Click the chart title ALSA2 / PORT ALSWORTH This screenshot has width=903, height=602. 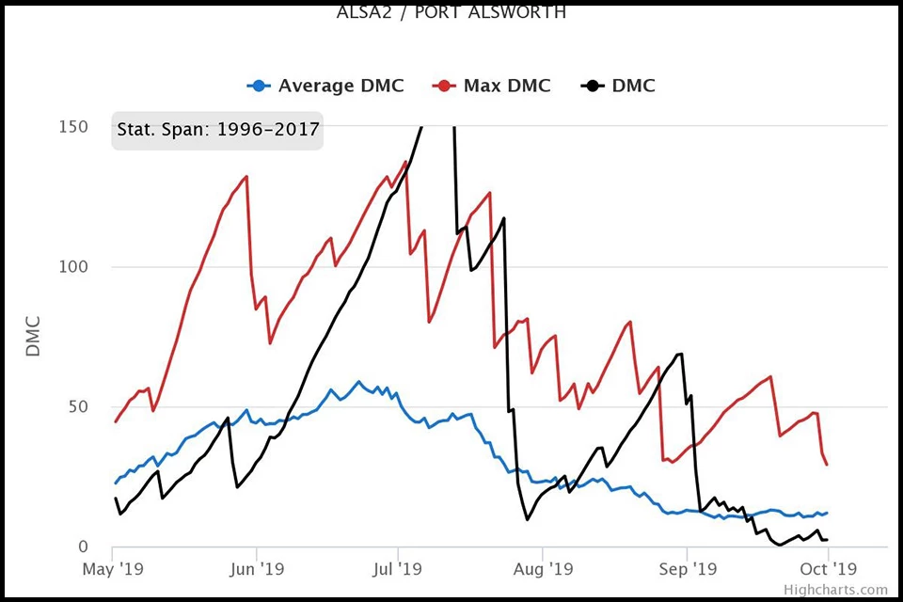click(x=451, y=13)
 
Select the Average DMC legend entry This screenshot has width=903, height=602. click(x=326, y=86)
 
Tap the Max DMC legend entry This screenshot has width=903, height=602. click(x=492, y=86)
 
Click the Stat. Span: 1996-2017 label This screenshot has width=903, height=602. click(x=218, y=129)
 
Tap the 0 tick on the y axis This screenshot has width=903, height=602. click(x=84, y=547)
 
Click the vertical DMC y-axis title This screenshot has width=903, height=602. click(x=34, y=337)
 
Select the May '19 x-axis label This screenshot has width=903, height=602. click(x=112, y=569)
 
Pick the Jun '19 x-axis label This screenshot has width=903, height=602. click(x=257, y=569)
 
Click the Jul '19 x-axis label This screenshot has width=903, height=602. click(x=398, y=569)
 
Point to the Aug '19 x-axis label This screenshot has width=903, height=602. click(x=543, y=569)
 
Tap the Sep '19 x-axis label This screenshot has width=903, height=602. click(x=688, y=569)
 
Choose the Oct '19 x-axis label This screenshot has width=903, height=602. click(x=828, y=569)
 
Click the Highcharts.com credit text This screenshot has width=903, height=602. click(x=836, y=590)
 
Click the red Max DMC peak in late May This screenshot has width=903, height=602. click(x=246, y=176)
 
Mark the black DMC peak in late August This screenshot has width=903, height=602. click(x=680, y=354)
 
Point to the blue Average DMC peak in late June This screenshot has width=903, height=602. click(x=358, y=382)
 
